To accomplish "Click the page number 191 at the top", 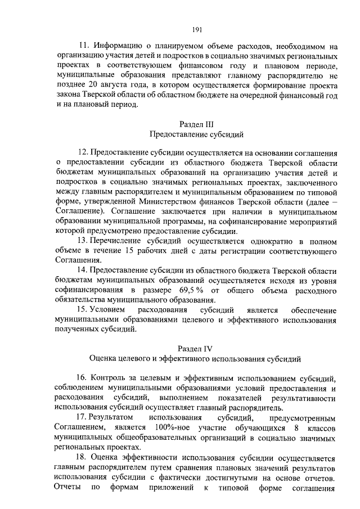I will tap(196, 30).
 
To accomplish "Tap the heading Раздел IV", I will tap(196, 348).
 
